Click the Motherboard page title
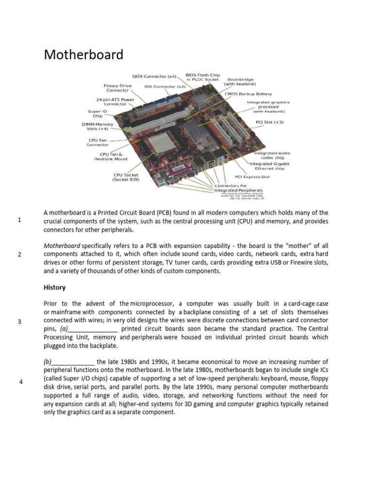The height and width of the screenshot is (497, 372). coord(83,54)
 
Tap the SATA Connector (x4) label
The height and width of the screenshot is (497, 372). coord(155,76)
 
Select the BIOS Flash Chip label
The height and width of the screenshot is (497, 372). coord(202,77)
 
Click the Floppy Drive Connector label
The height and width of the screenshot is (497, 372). coord(117,88)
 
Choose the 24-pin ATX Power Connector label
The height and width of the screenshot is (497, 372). coord(115,102)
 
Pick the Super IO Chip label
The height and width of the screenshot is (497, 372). coord(94,114)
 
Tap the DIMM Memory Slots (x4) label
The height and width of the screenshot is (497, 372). coord(97,127)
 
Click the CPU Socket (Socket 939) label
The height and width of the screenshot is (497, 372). coord(126,177)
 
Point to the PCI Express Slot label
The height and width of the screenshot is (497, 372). coord(252,177)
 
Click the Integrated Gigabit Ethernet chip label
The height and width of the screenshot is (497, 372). coord(269,166)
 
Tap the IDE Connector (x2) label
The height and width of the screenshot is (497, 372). coord(165,86)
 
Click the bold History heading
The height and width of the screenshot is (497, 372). coord(54,287)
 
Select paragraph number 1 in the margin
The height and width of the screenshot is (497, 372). coord(19,220)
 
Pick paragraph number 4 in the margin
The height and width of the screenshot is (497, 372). coord(21,382)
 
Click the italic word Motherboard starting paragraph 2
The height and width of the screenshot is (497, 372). coord(62,246)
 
